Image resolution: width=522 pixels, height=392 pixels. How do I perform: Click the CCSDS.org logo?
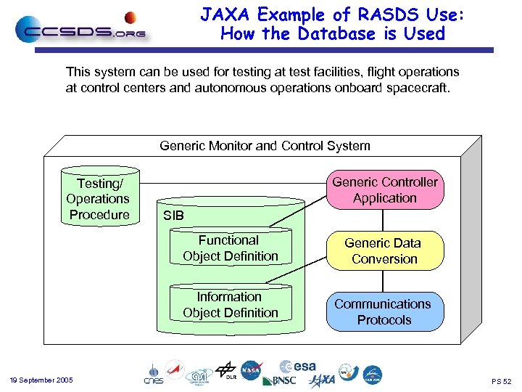click(x=80, y=28)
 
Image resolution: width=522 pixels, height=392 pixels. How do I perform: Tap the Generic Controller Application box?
click(x=384, y=190)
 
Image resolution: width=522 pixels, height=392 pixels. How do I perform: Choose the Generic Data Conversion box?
click(x=384, y=251)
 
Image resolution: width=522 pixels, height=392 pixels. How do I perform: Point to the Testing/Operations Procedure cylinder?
click(x=98, y=199)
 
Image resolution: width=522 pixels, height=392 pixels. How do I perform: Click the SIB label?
click(x=173, y=216)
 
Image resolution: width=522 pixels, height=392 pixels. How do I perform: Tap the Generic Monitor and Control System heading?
click(x=265, y=146)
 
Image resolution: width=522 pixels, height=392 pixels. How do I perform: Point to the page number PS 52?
click(x=501, y=381)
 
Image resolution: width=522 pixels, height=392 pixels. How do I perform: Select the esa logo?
click(x=298, y=367)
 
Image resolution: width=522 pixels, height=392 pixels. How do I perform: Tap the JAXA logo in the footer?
click(x=322, y=380)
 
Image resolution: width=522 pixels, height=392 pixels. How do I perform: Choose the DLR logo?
click(x=226, y=370)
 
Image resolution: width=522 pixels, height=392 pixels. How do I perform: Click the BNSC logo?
click(x=278, y=380)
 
